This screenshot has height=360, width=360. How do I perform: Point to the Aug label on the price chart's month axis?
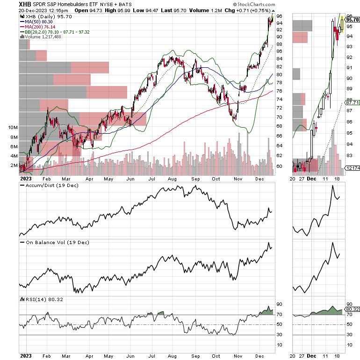click(173, 178)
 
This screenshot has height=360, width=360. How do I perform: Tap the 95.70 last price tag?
click(353, 20)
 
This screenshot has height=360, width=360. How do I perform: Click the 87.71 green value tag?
click(353, 102)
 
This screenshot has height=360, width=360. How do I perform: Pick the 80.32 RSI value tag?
click(353, 309)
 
